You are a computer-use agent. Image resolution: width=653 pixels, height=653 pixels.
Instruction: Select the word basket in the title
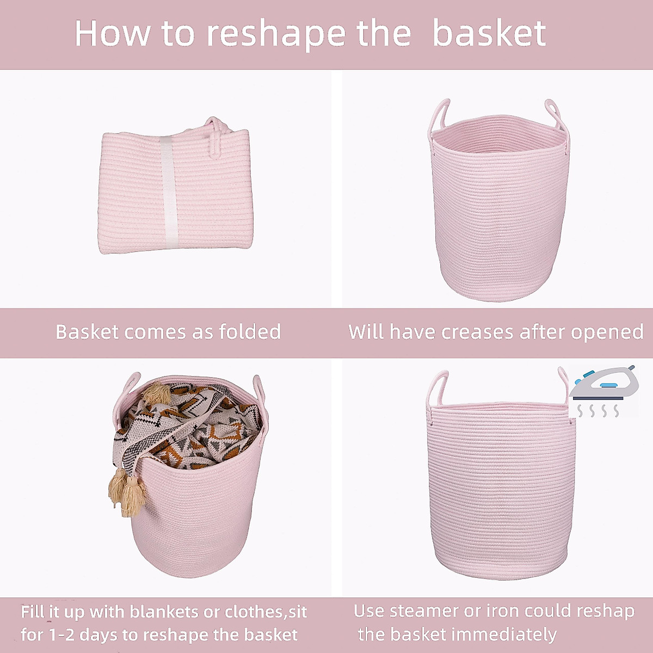[489, 34]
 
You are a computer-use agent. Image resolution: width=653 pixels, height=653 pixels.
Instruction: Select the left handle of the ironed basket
[438, 389]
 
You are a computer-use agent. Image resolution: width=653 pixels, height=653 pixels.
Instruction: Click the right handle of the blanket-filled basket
[258, 392]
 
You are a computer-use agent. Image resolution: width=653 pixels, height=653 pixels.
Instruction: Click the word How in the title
[112, 34]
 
